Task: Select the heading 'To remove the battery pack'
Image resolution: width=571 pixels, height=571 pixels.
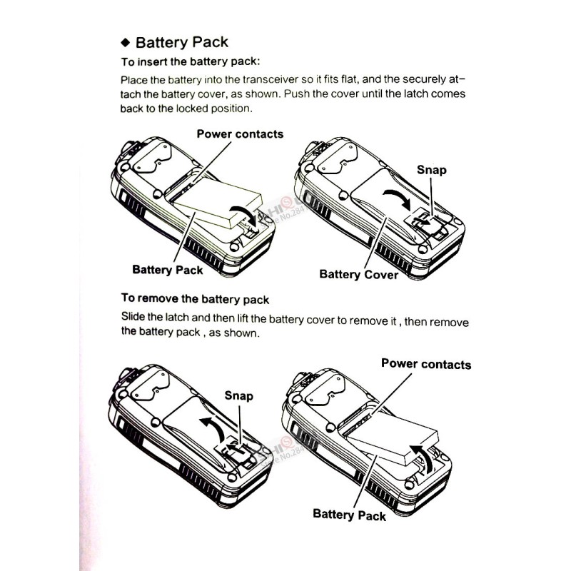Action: [195, 298]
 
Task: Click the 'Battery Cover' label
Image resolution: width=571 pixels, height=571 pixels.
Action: [358, 274]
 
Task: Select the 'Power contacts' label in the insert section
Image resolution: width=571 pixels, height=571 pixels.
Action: [240, 134]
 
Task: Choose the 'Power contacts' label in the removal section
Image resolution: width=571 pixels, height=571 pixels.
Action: [426, 364]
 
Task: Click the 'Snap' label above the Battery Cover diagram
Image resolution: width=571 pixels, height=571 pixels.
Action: [432, 170]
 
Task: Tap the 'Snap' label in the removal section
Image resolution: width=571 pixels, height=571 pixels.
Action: [239, 395]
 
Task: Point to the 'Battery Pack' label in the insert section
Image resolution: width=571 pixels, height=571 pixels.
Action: [168, 270]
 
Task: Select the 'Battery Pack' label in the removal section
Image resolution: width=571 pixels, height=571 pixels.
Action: [350, 515]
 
